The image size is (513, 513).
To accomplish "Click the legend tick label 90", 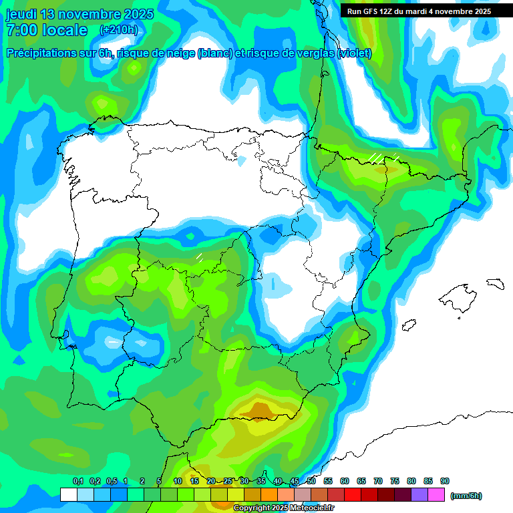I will click(445, 481).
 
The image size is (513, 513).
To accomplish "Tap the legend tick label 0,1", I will click(78, 481).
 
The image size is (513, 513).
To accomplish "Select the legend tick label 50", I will click(311, 481).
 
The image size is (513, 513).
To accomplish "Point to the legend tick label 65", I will click(361, 481).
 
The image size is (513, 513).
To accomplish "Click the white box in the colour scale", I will click(68, 494).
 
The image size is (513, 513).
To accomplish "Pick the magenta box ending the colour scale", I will click(437, 494).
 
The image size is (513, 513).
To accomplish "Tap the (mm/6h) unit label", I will click(466, 496).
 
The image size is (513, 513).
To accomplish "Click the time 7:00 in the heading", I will click(21, 30).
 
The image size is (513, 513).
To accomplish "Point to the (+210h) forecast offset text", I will click(118, 30).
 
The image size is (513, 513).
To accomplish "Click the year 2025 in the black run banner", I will click(479, 11).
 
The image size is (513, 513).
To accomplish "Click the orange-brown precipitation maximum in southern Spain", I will click(260, 408).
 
